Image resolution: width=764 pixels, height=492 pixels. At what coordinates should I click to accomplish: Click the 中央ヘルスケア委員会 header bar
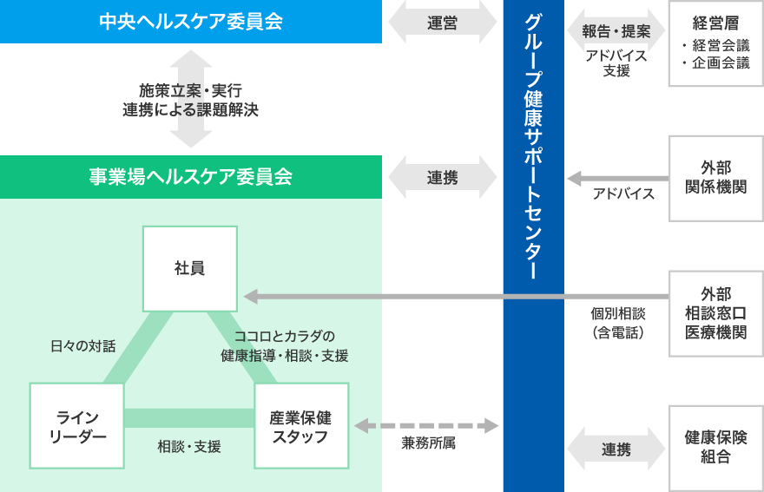point(191,22)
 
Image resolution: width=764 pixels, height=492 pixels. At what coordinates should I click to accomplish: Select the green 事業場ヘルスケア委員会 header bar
point(191,177)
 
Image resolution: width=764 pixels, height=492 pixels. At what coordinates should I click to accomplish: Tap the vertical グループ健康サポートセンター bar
point(533,246)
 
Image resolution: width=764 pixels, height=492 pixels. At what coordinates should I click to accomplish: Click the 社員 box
point(190,268)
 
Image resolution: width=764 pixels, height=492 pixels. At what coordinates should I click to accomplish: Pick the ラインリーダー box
point(76,426)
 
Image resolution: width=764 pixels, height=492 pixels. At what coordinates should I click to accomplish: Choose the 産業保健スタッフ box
point(301,426)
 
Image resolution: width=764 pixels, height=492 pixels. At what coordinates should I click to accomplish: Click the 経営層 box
point(715,43)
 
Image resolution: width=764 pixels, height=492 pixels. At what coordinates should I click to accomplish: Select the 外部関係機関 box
point(715,177)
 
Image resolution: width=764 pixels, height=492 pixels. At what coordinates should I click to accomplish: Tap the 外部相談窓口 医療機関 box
point(715,312)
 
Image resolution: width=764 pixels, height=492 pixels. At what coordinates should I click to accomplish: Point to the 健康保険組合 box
point(715,447)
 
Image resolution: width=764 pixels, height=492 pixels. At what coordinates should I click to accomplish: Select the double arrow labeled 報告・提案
point(616,31)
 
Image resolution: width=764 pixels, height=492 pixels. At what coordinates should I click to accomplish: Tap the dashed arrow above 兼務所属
point(427,425)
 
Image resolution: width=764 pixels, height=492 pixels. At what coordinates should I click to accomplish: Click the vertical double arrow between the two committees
point(190,98)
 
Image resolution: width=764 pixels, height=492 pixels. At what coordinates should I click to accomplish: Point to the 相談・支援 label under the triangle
point(189,447)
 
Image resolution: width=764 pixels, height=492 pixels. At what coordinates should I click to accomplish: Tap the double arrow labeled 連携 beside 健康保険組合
point(616,449)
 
